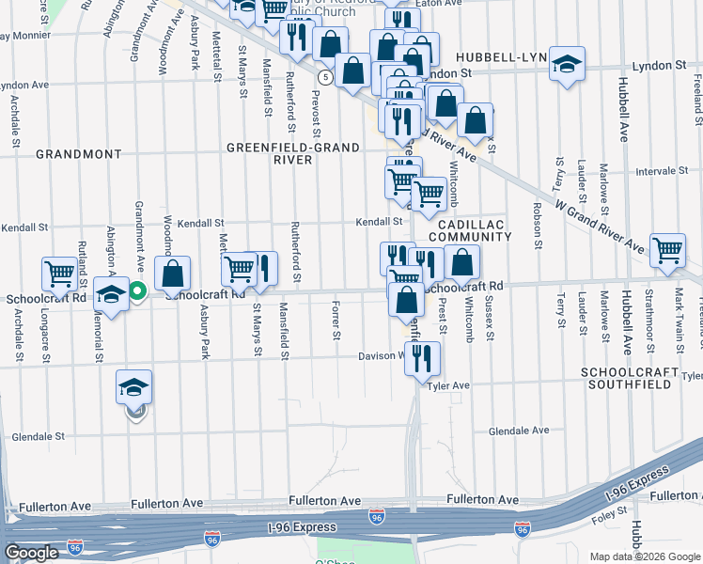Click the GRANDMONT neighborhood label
click(79, 153)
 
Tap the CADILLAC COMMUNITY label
click(470, 229)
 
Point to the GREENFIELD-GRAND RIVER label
click(293, 153)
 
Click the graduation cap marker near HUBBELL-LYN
click(567, 64)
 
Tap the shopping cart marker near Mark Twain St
click(667, 251)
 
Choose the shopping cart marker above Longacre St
click(59, 274)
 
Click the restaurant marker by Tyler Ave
click(422, 358)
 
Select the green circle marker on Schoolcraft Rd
click(136, 291)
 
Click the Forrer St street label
click(336, 321)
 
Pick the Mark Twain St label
click(675, 312)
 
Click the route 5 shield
click(324, 75)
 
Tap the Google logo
click(31, 554)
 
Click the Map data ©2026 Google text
click(644, 556)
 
